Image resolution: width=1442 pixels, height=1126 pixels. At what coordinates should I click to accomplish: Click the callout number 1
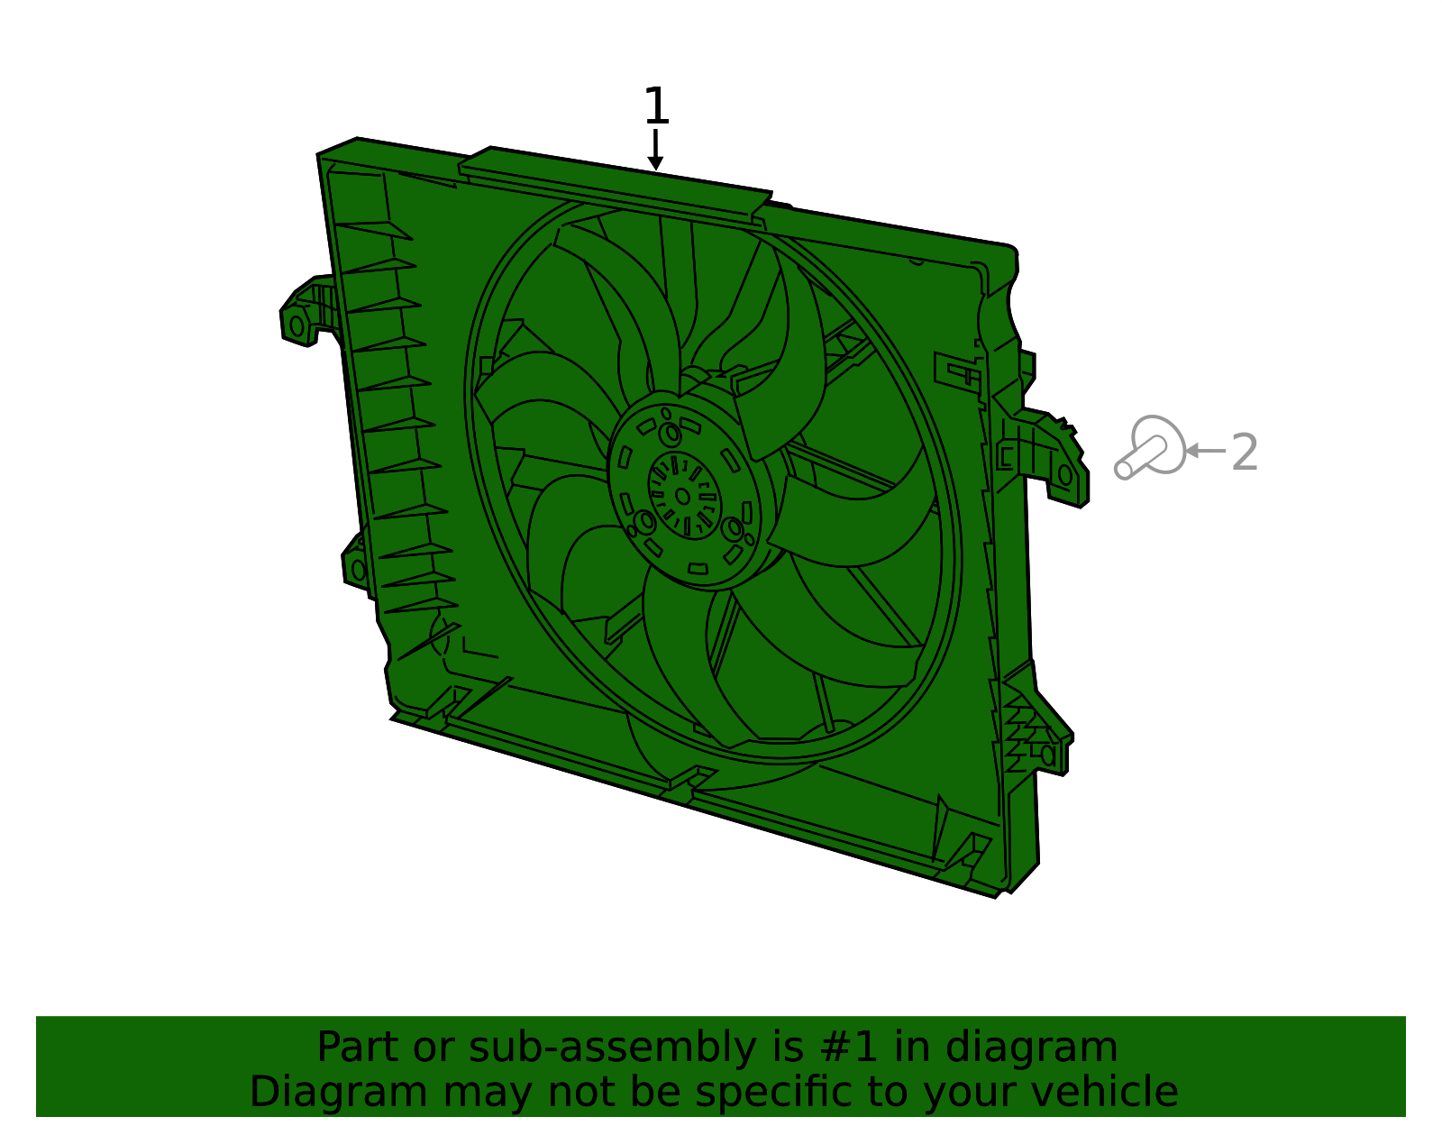[656, 105]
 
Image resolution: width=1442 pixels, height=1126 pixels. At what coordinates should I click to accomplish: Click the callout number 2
[1245, 452]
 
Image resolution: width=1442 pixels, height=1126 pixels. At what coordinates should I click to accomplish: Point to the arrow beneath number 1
[655, 150]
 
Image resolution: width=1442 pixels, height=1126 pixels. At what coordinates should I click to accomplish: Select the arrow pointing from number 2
[1204, 451]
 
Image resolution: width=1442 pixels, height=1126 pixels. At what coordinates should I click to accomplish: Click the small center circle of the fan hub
[682, 496]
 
